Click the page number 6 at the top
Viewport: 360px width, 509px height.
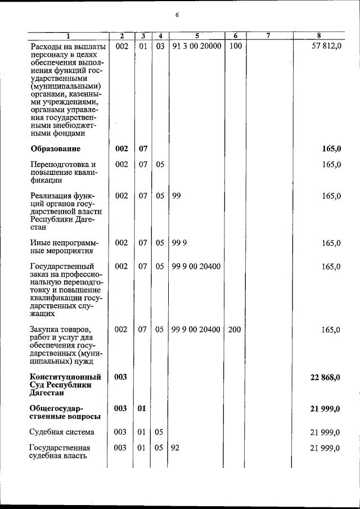(x=176, y=15)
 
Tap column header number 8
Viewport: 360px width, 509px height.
(x=319, y=37)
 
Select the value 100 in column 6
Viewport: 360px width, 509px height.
(x=236, y=46)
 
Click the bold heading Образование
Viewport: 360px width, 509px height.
(x=55, y=149)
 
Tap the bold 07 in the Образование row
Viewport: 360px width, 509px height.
(x=143, y=149)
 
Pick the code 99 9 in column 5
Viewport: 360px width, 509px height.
(x=179, y=243)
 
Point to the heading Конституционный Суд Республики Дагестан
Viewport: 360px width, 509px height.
(x=65, y=385)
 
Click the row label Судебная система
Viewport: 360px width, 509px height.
(x=62, y=432)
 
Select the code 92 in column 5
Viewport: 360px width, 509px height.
(x=175, y=448)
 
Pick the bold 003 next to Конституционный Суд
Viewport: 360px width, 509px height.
(x=120, y=377)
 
